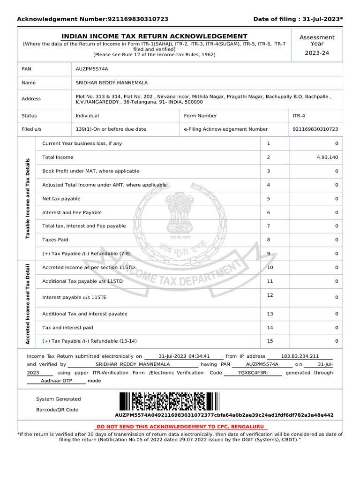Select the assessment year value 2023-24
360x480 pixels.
tap(317, 53)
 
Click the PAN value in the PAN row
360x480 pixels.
tap(92, 69)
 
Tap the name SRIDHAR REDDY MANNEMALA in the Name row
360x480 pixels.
tap(112, 83)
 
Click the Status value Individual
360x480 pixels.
tap(87, 116)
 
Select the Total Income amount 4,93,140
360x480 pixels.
tap(327, 157)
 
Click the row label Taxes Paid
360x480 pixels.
tap(55, 240)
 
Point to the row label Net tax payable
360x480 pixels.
tap(61, 199)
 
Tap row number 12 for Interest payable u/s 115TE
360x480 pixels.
tap(270, 295)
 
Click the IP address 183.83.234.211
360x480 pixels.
tap(300, 356)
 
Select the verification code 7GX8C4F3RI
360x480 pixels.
tap(253, 373)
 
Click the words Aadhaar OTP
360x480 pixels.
tap(56, 381)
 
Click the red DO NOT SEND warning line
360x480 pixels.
tap(180, 427)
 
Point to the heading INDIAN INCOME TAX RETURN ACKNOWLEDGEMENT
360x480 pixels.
tap(155, 37)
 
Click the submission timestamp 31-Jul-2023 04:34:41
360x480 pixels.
tap(184, 356)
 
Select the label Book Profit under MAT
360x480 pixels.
tap(90, 172)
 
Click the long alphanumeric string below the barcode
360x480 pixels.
tap(224, 415)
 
